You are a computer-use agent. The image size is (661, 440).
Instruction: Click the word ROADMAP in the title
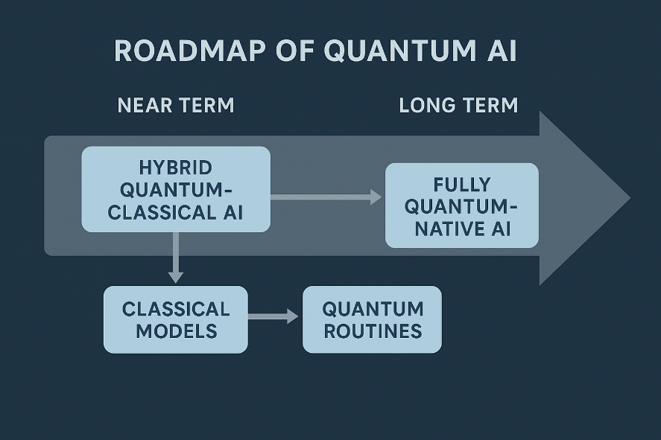coord(190,51)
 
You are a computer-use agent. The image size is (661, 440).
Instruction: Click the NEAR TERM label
coord(176,105)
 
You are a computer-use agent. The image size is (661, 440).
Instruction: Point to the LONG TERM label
coord(458,105)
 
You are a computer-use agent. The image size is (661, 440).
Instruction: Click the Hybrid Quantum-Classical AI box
coord(176,189)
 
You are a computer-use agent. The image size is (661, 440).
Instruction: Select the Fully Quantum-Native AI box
coord(462,205)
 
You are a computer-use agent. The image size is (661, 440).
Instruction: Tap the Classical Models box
coord(176,319)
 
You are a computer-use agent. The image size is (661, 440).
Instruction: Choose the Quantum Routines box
coord(373,319)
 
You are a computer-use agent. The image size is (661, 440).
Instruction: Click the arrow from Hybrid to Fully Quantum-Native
coord(326,197)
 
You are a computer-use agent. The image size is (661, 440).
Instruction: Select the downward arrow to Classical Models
coord(176,258)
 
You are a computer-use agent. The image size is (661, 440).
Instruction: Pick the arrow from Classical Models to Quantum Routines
coord(273,316)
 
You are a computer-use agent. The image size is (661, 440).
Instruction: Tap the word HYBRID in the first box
coord(176,168)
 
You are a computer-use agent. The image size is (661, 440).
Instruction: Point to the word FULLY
coord(462,185)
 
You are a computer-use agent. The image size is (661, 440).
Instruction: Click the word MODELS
coord(177,331)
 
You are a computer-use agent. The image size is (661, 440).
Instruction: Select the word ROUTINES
coord(373,331)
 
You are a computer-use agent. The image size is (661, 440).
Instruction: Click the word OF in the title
coord(295,51)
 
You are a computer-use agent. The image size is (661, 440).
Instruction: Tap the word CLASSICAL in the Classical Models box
coord(176,310)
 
